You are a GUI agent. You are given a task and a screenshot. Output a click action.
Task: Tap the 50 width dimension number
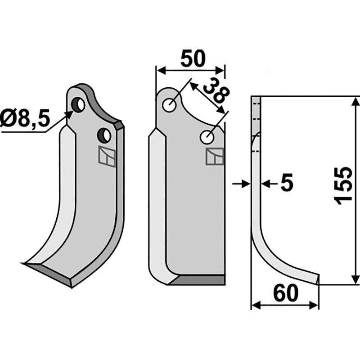tap(193, 58)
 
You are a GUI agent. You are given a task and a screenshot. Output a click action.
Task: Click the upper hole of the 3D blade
tap(79, 105)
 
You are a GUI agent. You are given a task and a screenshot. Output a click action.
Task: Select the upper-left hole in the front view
tap(170, 106)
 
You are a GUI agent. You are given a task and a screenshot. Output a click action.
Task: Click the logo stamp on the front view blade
tap(215, 156)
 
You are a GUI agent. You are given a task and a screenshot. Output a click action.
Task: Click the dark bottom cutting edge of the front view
tap(198, 280)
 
